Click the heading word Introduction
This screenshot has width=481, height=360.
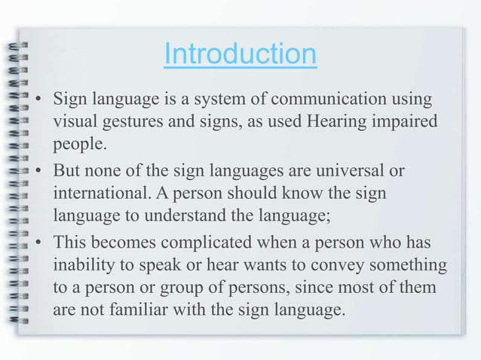tap(240, 54)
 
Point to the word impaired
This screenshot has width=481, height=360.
tap(403, 121)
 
